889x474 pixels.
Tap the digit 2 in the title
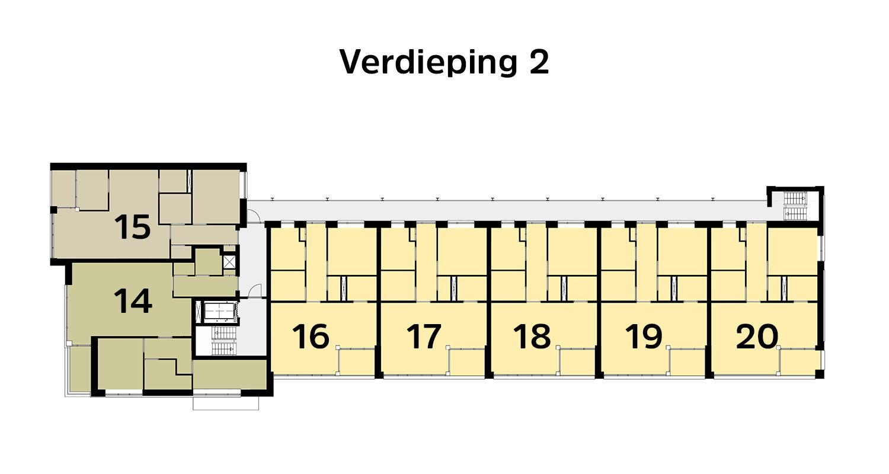tap(538, 62)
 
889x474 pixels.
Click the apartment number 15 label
tap(133, 228)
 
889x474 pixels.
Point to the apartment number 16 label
tap(311, 337)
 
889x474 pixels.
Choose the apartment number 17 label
tap(424, 337)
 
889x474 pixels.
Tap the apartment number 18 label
tap(532, 337)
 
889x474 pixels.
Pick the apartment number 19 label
tap(644, 337)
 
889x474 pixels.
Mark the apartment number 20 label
tap(756, 337)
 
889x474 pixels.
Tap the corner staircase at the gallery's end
tap(795, 205)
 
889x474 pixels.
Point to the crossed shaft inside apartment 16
tap(343, 288)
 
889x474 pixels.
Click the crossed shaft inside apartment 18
tap(564, 288)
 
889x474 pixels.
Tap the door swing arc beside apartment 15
tap(255, 217)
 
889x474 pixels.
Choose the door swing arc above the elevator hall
tap(255, 290)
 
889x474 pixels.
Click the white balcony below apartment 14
tap(225, 402)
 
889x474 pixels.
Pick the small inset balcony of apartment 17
tap(467, 362)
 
